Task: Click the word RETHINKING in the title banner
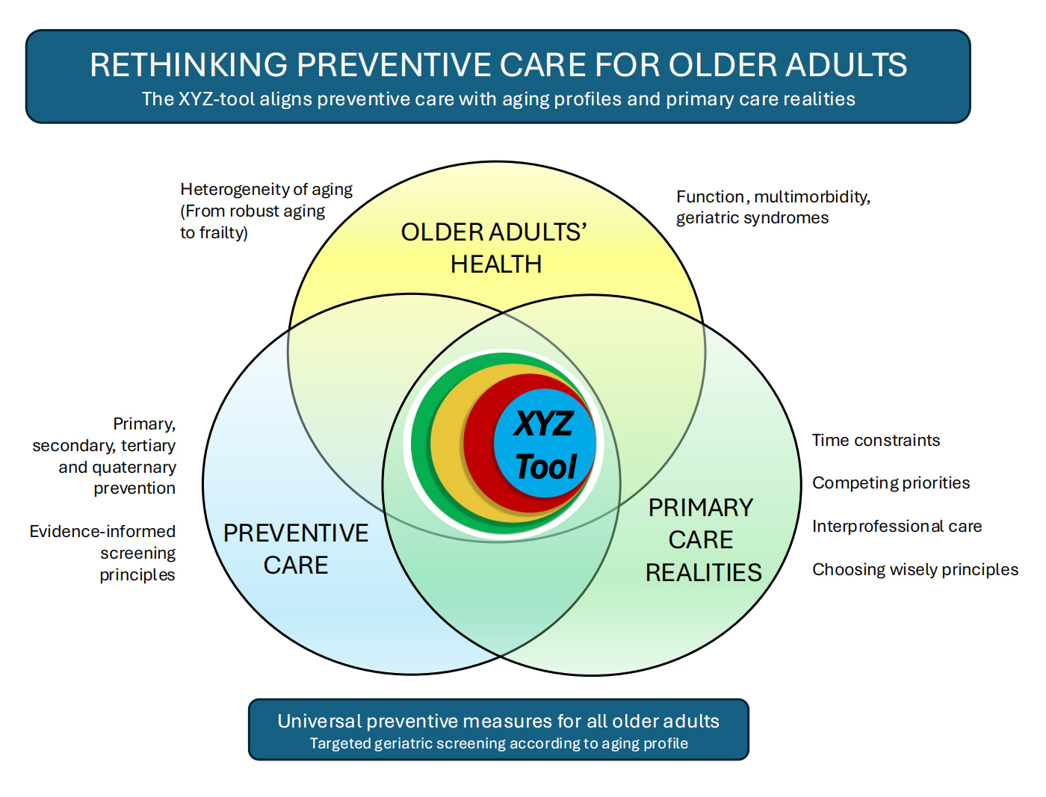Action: [188, 65]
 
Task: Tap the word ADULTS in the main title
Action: [846, 65]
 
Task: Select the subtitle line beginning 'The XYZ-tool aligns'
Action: [498, 99]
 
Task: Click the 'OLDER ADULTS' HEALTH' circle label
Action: [494, 248]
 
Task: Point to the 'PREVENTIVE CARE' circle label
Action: [296, 549]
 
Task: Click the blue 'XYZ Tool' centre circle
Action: [545, 444]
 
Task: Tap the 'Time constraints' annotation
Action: [876, 440]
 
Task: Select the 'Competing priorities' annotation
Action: [891, 483]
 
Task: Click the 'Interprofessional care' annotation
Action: [897, 526]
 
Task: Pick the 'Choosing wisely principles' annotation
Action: [915, 570]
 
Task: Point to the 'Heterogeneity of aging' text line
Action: [266, 190]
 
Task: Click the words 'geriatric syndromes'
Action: [752, 218]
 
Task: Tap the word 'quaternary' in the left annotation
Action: [134, 468]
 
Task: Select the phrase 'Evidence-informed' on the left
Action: [102, 531]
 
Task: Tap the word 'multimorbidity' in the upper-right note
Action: [812, 196]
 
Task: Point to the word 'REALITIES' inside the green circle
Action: [703, 573]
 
